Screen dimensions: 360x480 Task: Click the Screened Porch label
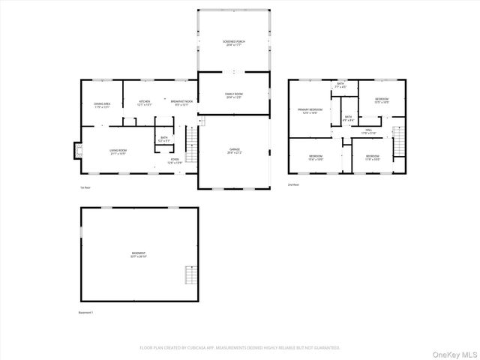pyautogui.click(x=234, y=42)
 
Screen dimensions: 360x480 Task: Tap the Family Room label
pyautogui.click(x=234, y=95)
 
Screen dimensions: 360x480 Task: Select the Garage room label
pyautogui.click(x=234, y=151)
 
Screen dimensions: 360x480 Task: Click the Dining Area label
pyautogui.click(x=102, y=106)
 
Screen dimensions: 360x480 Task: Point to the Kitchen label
pyautogui.click(x=145, y=103)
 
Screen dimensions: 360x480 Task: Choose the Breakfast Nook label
pyautogui.click(x=181, y=103)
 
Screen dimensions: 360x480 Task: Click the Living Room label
pyautogui.click(x=118, y=151)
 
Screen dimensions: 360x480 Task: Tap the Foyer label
pyautogui.click(x=174, y=161)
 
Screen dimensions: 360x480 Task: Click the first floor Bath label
pyautogui.click(x=164, y=139)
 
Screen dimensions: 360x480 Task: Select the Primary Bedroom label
pyautogui.click(x=310, y=111)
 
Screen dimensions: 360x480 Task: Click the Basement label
pyautogui.click(x=139, y=255)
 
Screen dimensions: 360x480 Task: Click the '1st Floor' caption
pyautogui.click(x=85, y=187)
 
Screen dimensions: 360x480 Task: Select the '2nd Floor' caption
pyautogui.click(x=293, y=184)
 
